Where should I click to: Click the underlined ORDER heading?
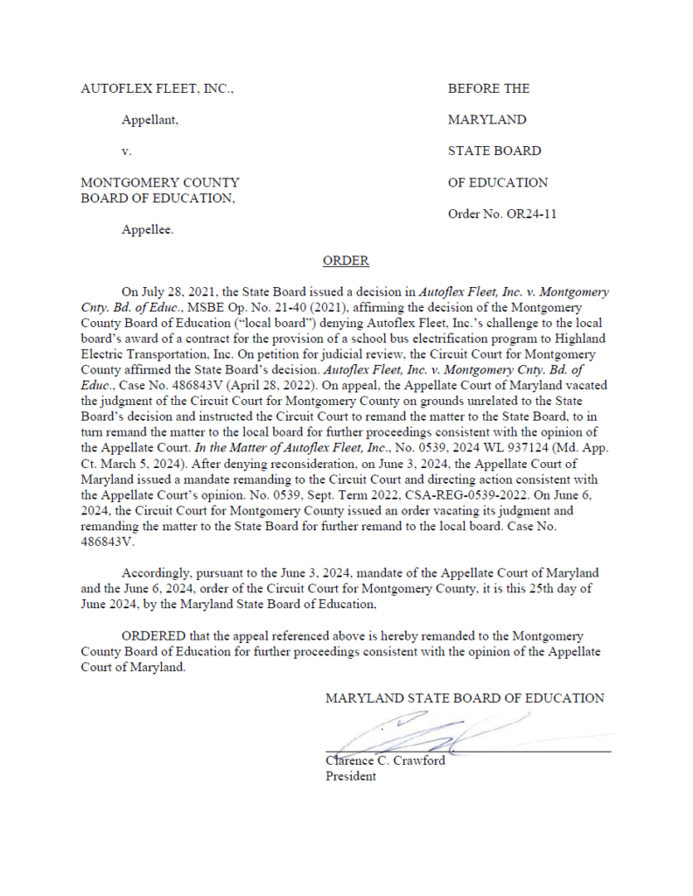coord(346,261)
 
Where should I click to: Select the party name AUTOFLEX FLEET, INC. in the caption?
coord(157,88)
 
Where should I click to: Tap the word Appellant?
coord(150,120)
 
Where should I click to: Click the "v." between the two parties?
coord(127,151)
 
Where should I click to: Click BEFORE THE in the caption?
coord(488,88)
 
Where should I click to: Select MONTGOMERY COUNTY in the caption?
coord(160,183)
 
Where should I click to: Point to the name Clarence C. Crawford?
coord(385,760)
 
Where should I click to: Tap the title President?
coord(351,775)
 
